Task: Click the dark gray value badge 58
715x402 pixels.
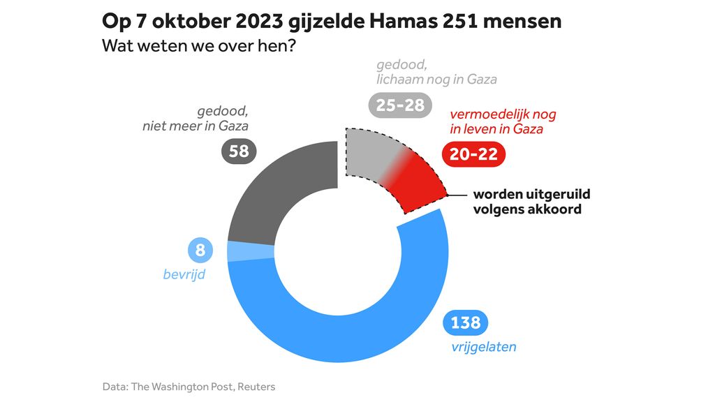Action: [239, 151]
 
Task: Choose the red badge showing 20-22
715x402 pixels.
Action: [473, 154]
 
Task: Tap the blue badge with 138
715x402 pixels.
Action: [466, 322]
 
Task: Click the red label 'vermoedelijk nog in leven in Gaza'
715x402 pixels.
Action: [503, 121]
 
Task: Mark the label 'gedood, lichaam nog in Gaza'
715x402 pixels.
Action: [436, 72]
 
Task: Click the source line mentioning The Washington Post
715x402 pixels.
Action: [189, 386]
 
